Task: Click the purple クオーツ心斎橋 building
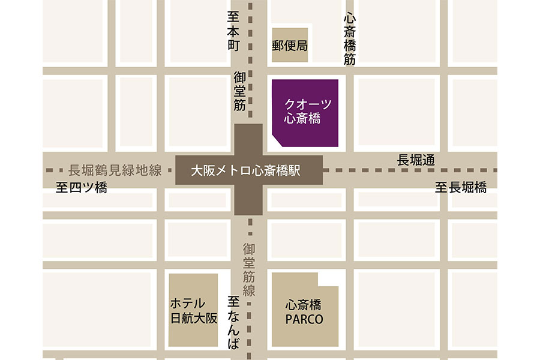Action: tap(305, 112)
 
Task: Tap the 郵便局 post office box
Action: tap(290, 45)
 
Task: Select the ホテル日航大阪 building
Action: tap(193, 310)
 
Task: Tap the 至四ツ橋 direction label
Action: tap(82, 188)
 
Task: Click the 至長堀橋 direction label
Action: tap(461, 188)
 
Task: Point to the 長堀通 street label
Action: tap(416, 160)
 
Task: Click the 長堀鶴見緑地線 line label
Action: tap(115, 170)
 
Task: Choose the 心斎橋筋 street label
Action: tap(350, 39)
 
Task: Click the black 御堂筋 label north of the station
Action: tap(240, 91)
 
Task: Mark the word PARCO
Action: tap(304, 319)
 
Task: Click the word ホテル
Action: tap(188, 304)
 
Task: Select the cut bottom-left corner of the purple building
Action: tap(278, 142)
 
